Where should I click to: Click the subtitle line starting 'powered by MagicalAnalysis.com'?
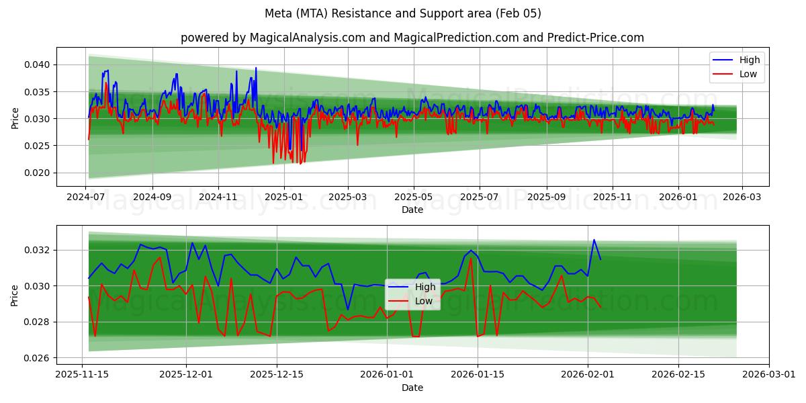pos(412,38)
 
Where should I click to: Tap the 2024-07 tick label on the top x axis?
pos(85,197)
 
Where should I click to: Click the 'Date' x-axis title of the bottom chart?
pos(412,388)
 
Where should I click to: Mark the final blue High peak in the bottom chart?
pos(594,240)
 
